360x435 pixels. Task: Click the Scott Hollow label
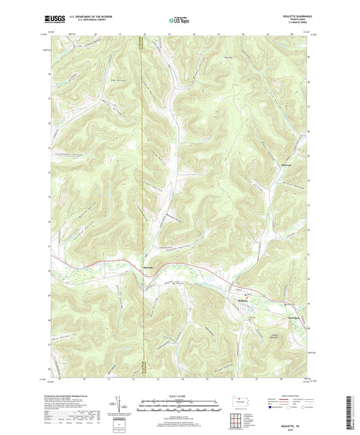coord(153,192)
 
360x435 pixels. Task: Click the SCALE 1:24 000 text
coord(179,394)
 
